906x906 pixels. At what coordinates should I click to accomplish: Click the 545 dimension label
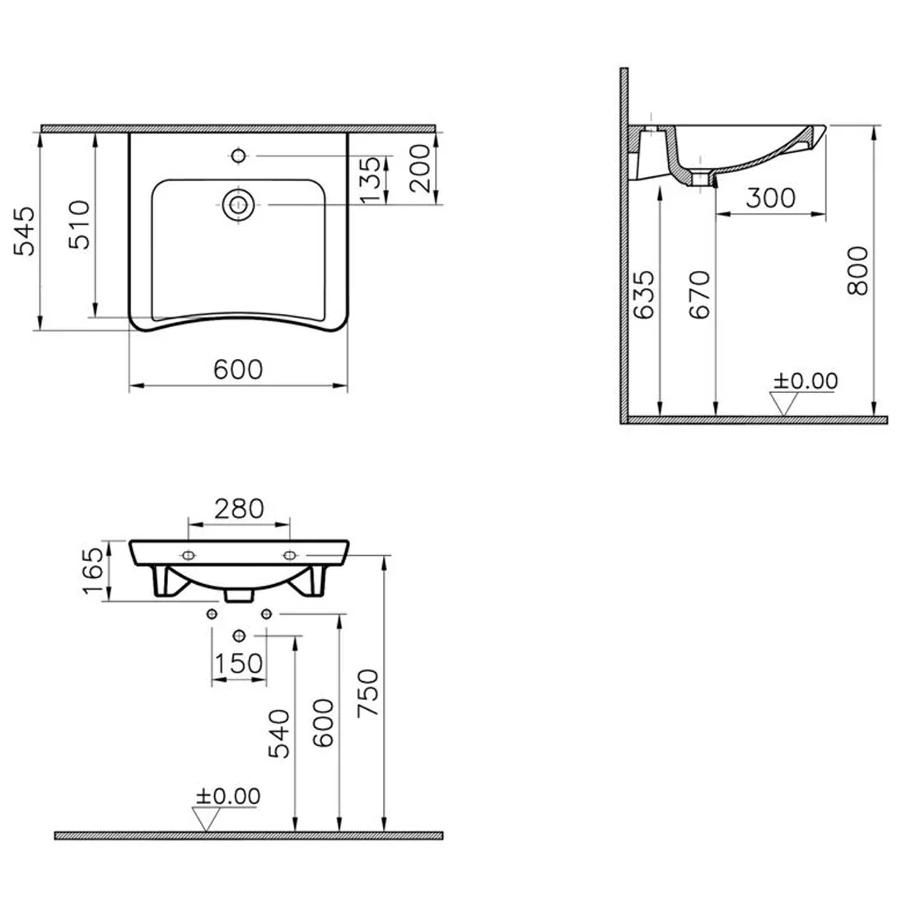(x=24, y=231)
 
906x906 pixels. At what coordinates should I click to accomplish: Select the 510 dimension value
(x=80, y=225)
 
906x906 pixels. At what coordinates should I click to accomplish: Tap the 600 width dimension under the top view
(x=238, y=370)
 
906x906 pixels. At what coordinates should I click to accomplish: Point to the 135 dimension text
(x=371, y=180)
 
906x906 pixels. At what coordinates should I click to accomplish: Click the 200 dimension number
(x=420, y=168)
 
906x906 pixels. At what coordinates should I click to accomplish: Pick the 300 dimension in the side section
(x=770, y=198)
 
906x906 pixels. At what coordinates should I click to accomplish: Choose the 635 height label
(x=644, y=295)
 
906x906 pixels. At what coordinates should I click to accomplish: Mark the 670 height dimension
(x=700, y=295)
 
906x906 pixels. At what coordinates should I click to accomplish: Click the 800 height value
(x=857, y=271)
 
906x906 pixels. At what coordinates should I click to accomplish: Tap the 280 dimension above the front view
(x=239, y=509)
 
